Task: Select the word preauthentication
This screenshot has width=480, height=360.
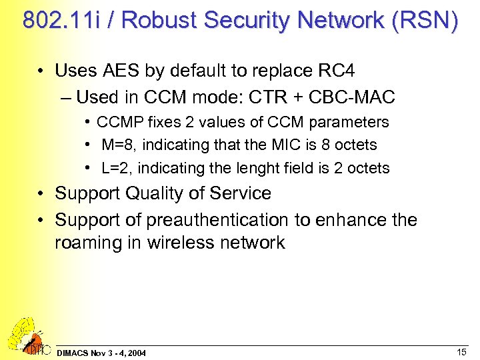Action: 233,220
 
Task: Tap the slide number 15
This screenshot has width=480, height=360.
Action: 461,351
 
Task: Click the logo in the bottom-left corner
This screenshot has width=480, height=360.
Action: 26,336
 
